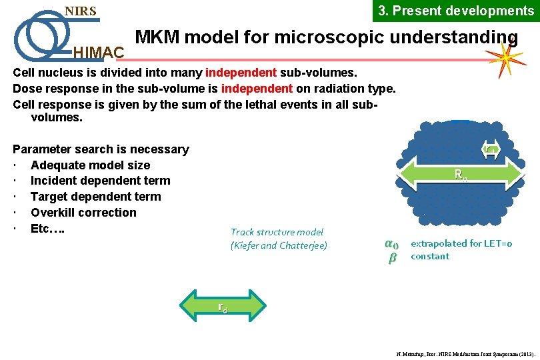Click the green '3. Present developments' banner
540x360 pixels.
point(456,11)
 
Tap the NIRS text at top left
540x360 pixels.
point(80,11)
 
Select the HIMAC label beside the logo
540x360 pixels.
point(97,51)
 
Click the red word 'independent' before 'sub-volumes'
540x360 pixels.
point(241,72)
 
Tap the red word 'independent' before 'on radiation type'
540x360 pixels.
point(257,88)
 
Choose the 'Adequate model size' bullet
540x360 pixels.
point(90,165)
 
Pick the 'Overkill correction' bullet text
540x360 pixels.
point(83,213)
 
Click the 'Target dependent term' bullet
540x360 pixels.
point(95,197)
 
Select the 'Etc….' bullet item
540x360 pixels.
point(47,229)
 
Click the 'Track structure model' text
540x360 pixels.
point(277,232)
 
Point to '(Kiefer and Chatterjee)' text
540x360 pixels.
point(279,245)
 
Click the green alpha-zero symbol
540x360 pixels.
point(392,244)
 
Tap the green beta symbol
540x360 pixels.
point(392,258)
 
